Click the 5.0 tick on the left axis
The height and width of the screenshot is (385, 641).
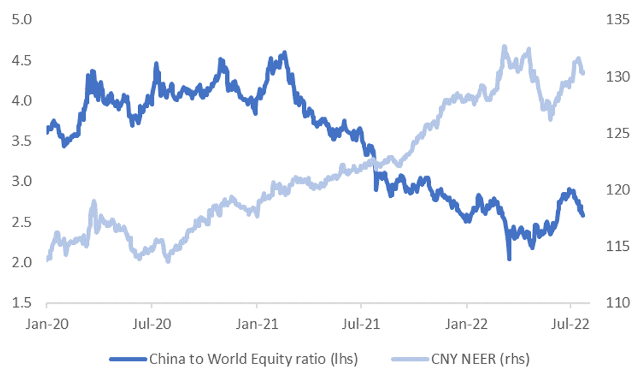(x=22, y=20)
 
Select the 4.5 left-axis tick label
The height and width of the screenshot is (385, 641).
(x=22, y=60)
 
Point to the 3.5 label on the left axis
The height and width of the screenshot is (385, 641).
(x=22, y=141)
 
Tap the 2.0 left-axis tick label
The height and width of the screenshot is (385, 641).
(x=22, y=263)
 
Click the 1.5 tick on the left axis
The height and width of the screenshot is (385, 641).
(x=22, y=303)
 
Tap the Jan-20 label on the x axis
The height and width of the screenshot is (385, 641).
(x=47, y=323)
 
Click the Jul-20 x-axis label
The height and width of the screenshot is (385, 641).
(x=152, y=323)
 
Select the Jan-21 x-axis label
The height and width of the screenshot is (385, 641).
(x=257, y=323)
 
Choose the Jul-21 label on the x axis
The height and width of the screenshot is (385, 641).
(x=361, y=323)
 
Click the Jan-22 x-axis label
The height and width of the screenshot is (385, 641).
(x=467, y=323)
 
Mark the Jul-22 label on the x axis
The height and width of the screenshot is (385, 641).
(x=570, y=323)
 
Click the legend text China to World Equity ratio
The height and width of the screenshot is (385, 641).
(x=254, y=359)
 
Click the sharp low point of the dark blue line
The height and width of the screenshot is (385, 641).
(x=509, y=258)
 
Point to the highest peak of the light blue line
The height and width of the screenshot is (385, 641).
(x=504, y=47)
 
